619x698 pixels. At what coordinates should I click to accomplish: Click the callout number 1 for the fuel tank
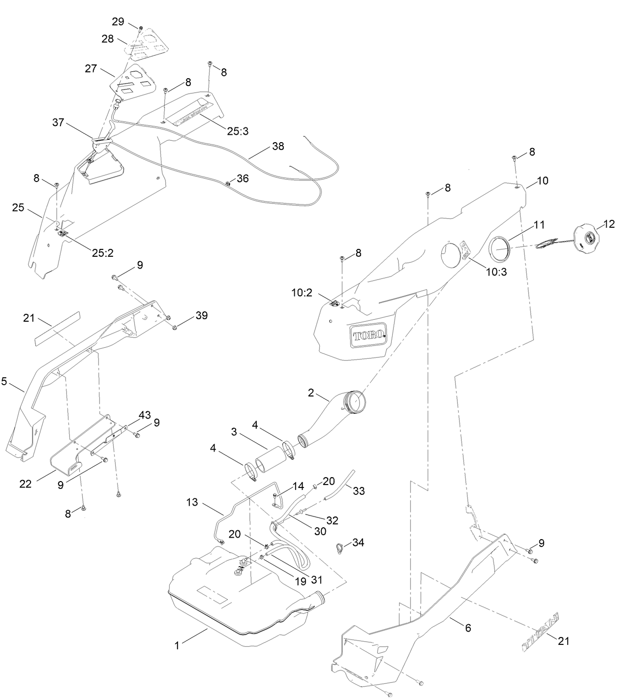(x=177, y=645)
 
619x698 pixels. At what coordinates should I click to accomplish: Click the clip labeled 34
(x=339, y=547)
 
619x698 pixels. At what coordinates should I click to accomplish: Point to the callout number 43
(x=144, y=415)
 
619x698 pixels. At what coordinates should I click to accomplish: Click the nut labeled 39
(x=175, y=327)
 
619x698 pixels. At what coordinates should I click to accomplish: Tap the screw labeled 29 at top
(x=141, y=28)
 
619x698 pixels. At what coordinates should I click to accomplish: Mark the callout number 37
(x=58, y=122)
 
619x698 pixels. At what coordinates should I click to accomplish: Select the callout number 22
(x=26, y=484)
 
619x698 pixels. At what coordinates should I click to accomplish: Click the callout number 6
(x=467, y=628)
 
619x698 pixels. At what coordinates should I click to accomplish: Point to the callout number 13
(x=193, y=502)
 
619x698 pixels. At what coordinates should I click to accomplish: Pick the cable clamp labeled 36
(x=228, y=184)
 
